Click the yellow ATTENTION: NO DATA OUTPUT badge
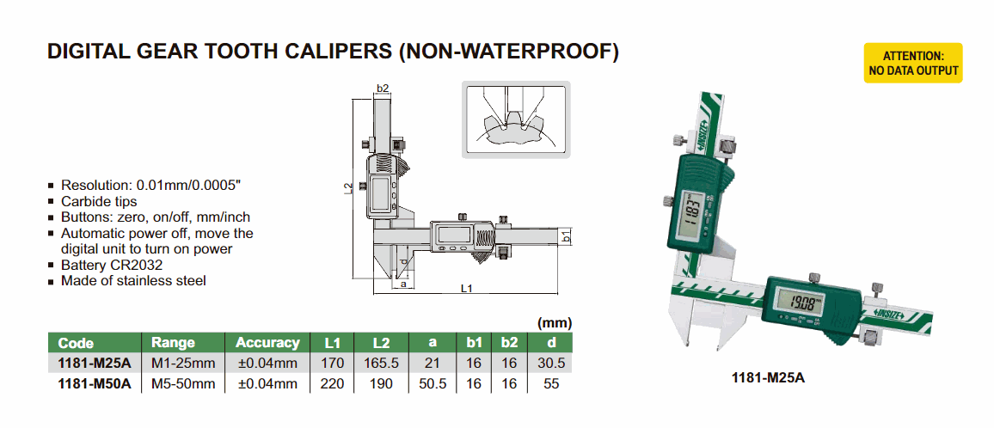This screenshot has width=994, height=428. (913, 63)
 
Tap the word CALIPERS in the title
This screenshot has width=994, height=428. (341, 52)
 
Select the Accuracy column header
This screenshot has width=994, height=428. (267, 343)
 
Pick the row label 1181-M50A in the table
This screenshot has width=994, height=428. (94, 383)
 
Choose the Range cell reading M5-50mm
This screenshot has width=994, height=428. (183, 383)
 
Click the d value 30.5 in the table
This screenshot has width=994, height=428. (551, 364)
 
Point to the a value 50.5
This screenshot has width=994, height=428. (433, 383)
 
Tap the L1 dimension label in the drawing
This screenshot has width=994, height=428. (466, 289)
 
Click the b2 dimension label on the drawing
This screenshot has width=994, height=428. (382, 88)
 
